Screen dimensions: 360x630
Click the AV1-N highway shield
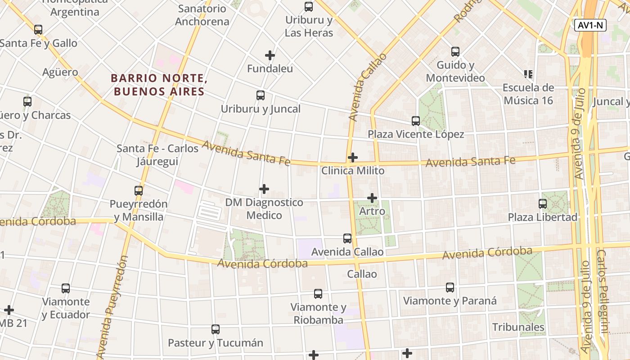tap(590, 25)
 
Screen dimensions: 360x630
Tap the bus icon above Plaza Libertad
tap(543, 204)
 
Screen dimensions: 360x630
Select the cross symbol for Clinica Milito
tap(353, 157)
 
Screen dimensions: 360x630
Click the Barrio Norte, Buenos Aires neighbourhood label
tap(159, 85)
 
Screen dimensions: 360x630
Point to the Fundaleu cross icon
tap(270, 55)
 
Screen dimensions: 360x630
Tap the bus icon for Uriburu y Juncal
tap(261, 95)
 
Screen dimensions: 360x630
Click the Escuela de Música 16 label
tap(528, 94)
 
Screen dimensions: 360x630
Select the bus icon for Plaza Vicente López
tap(416, 121)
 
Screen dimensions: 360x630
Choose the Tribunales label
tap(518, 327)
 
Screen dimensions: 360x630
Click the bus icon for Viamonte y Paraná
tap(450, 288)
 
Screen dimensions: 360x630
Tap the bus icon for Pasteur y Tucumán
tap(216, 329)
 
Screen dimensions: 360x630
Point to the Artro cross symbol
tap(372, 198)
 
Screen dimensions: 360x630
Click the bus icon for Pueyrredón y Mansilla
tap(139, 191)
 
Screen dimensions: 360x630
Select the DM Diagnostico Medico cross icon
tap(264, 189)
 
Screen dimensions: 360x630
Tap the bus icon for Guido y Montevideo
tap(455, 52)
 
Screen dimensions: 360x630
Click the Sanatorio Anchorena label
tap(202, 15)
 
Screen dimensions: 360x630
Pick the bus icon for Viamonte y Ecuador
tap(66, 288)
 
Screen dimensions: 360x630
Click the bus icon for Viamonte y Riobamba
tap(318, 294)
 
